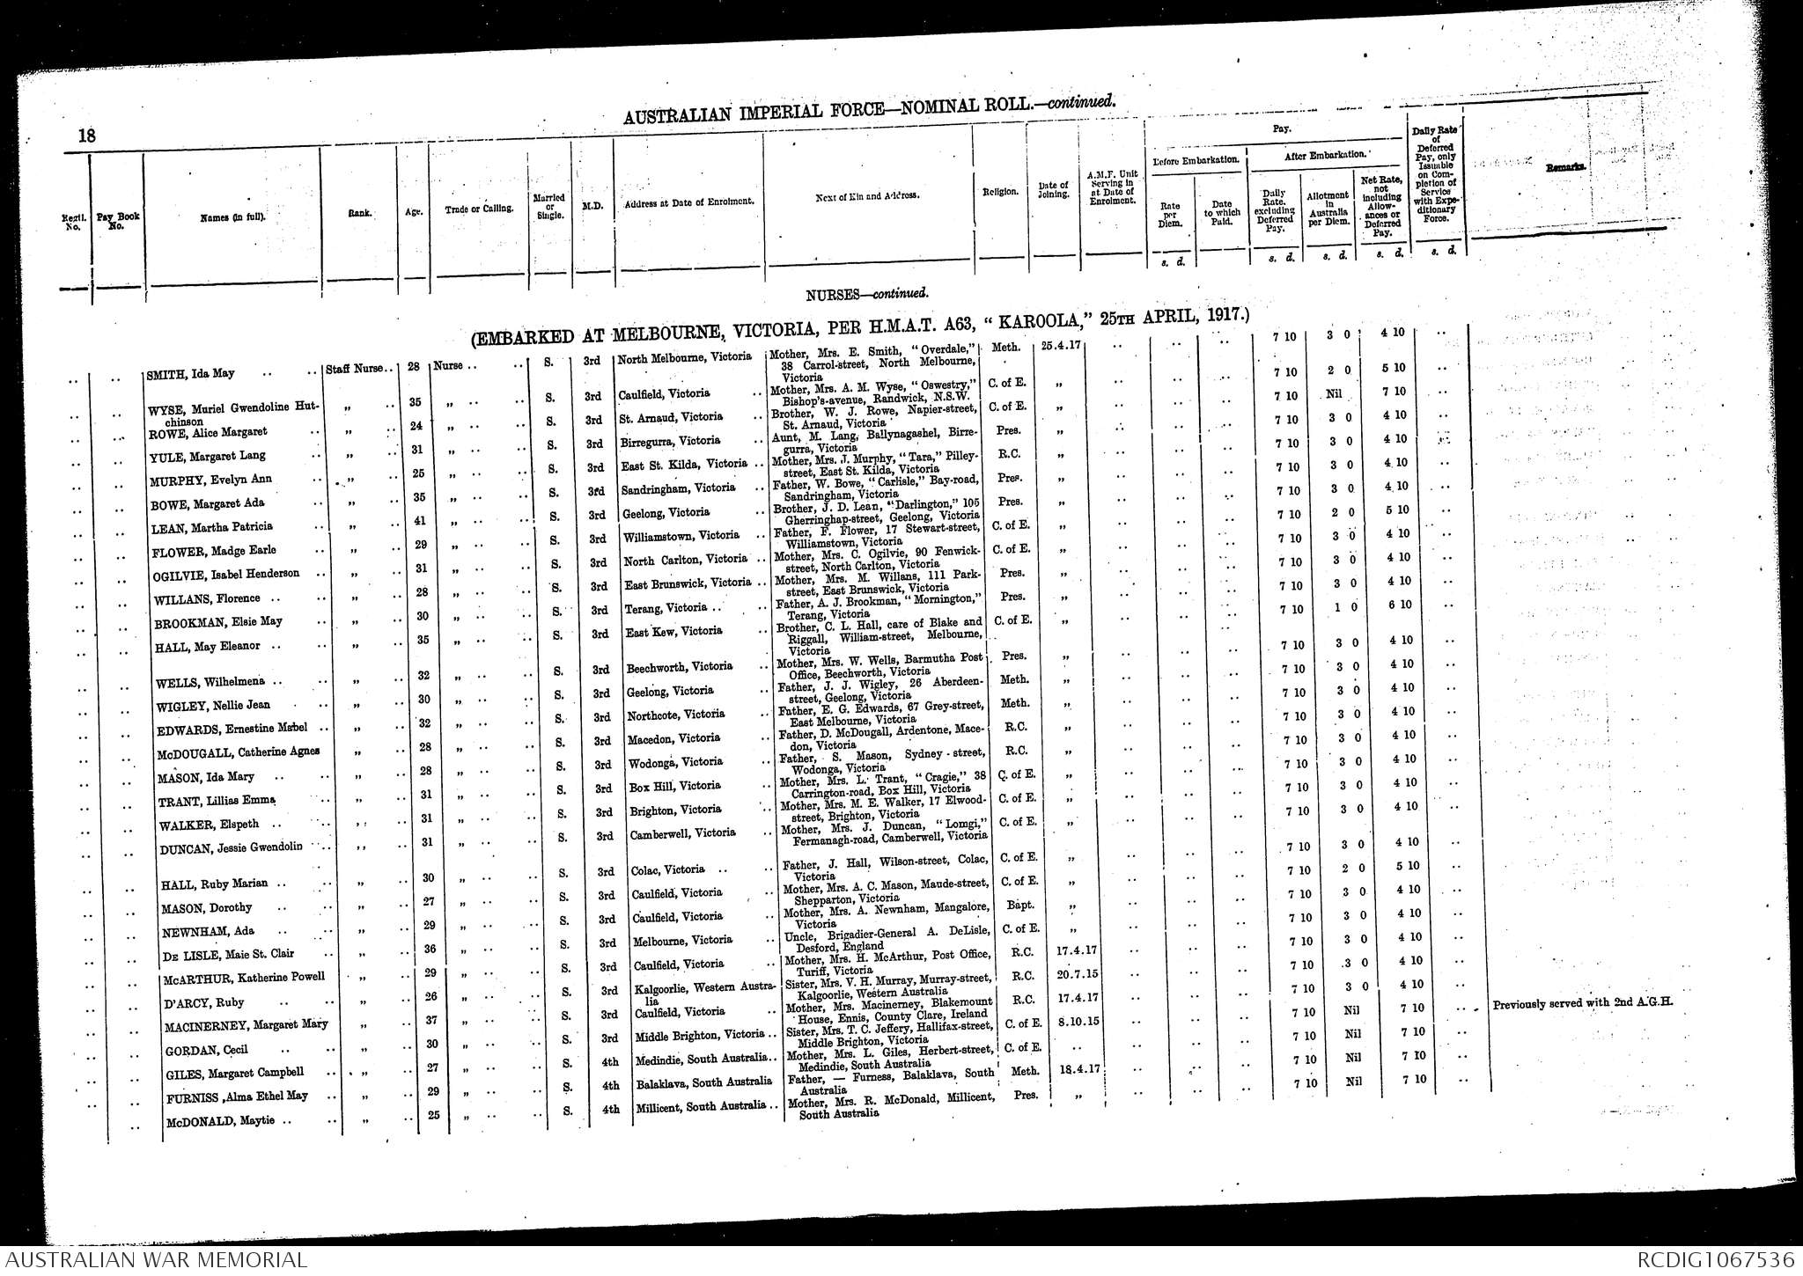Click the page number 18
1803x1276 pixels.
click(86, 136)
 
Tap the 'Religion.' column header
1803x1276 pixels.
click(1001, 191)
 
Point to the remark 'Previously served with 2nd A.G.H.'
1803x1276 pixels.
click(1582, 1002)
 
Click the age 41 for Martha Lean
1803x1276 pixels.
click(420, 521)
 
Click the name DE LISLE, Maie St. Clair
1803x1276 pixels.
click(228, 954)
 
